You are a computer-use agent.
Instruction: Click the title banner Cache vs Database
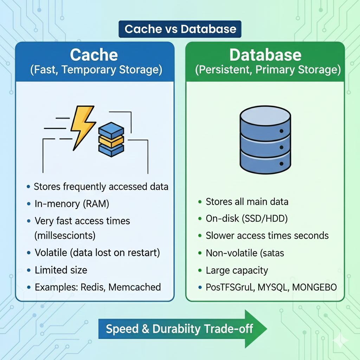pos(180,29)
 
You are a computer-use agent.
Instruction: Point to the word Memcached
pos(135,287)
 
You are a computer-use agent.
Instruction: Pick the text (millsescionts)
pos(65,235)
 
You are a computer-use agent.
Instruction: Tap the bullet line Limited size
pos(61,270)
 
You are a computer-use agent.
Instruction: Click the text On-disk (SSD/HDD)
pos(247,219)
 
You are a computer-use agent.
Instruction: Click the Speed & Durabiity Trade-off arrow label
pos(179,329)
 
